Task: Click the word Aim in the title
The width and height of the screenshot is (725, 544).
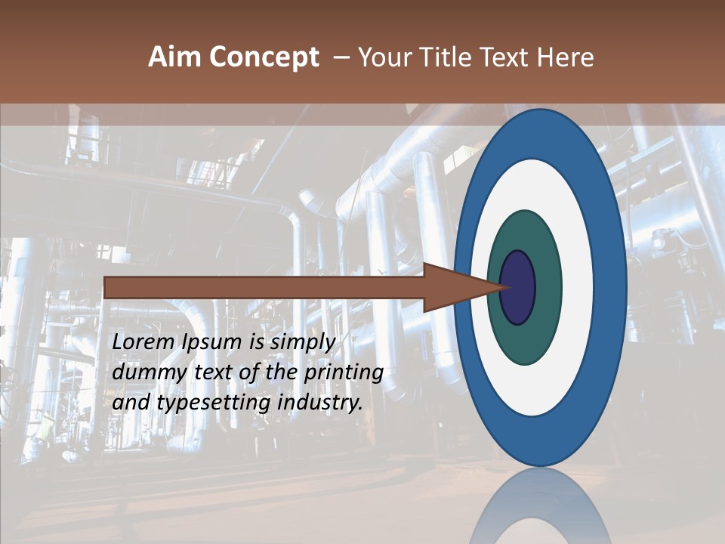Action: click(174, 57)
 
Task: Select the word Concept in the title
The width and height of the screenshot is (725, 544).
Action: click(264, 57)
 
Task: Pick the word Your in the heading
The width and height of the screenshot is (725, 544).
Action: click(386, 57)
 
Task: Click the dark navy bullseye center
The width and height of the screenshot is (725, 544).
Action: click(518, 287)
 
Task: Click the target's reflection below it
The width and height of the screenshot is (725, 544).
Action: click(541, 510)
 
